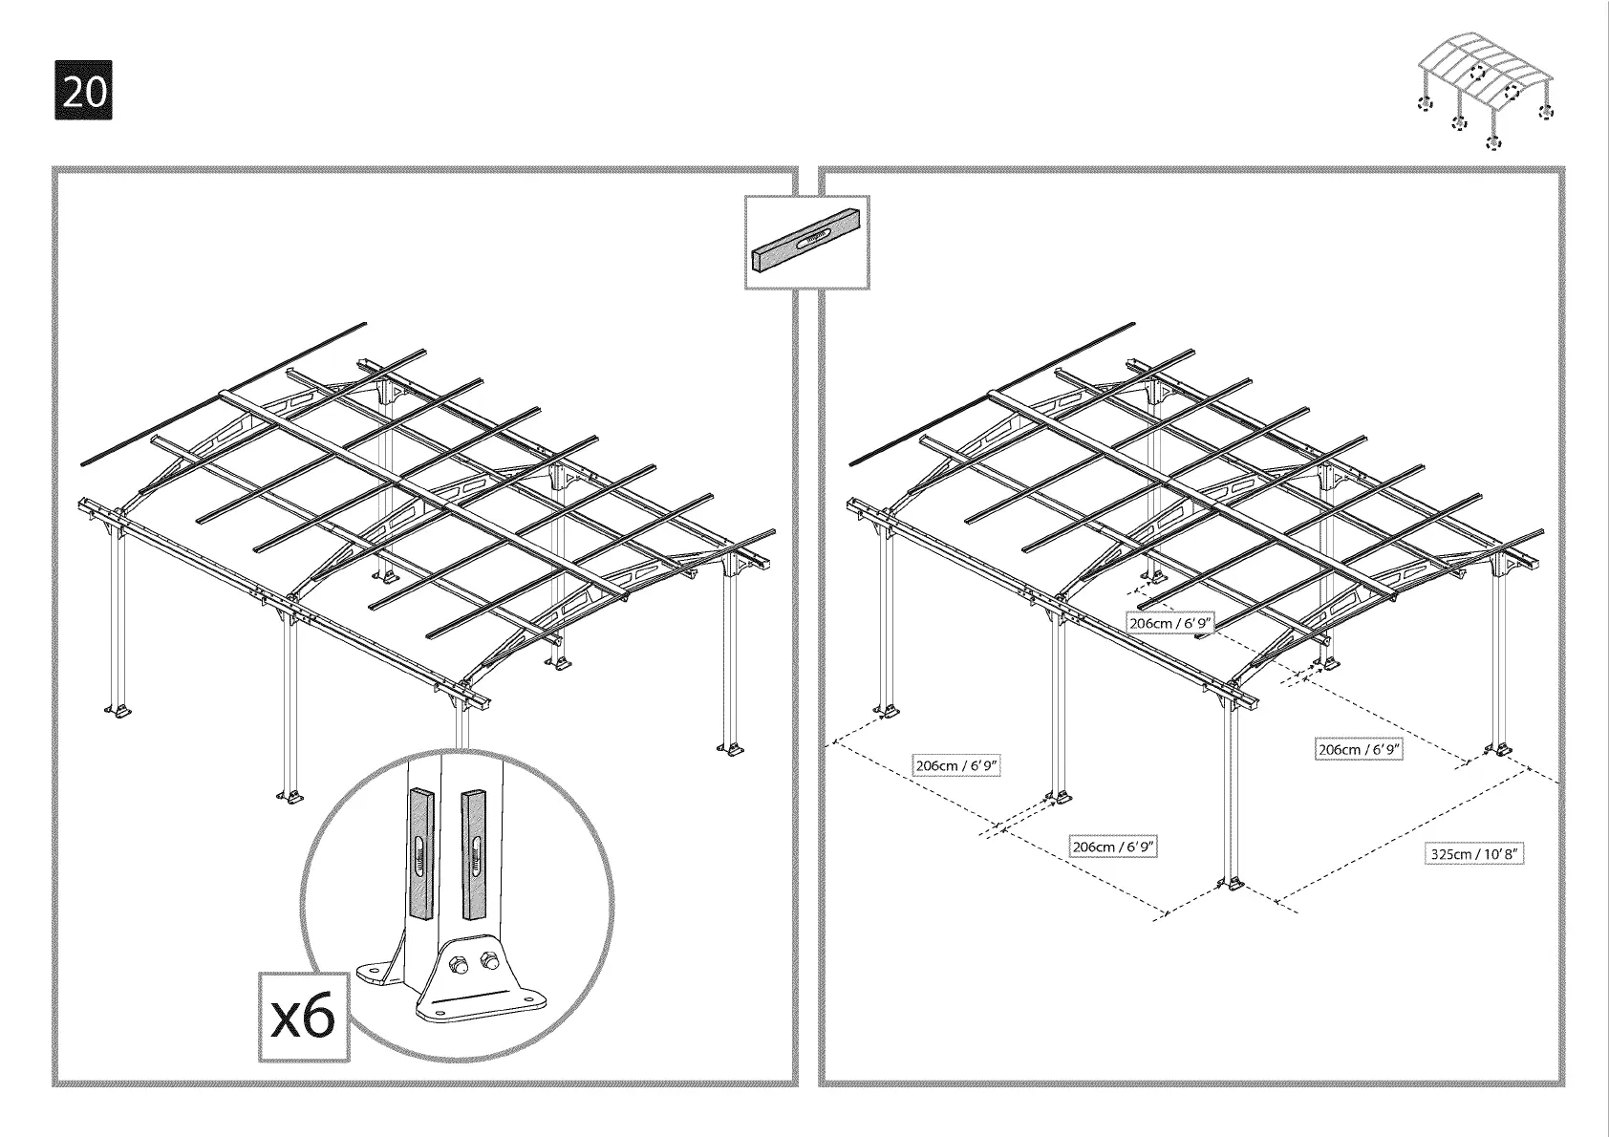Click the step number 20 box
(84, 91)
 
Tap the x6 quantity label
(304, 1017)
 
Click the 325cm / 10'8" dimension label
(1473, 853)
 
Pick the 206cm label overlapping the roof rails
(1170, 624)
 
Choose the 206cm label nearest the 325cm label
(1359, 750)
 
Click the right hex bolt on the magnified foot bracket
(491, 959)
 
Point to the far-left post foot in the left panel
(118, 711)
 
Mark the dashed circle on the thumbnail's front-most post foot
(1493, 143)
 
